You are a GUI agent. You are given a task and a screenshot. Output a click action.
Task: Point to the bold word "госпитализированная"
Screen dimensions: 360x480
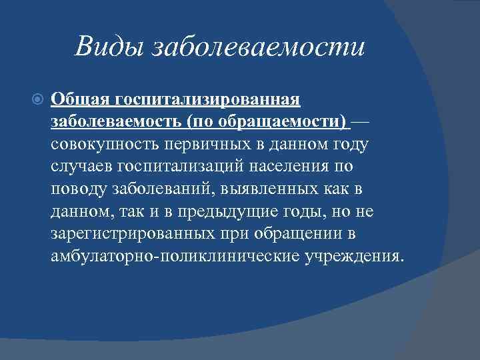coord(208,100)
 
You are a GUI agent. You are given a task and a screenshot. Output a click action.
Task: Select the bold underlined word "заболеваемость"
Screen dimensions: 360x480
coord(116,123)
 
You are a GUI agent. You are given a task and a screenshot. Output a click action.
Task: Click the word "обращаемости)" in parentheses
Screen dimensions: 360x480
coord(295,123)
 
